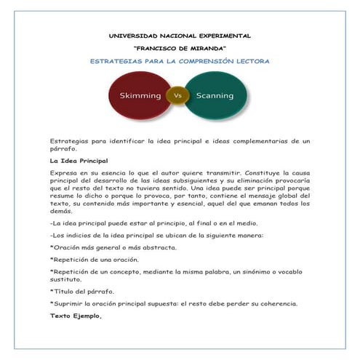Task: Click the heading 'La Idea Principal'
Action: [79, 159]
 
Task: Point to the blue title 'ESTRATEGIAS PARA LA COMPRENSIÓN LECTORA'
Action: [179, 61]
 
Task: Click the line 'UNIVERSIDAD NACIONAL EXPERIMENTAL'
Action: [179, 35]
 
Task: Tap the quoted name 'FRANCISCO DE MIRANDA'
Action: [179, 48]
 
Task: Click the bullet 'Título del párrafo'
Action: [85, 290]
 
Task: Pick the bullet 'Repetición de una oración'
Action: [98, 259]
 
